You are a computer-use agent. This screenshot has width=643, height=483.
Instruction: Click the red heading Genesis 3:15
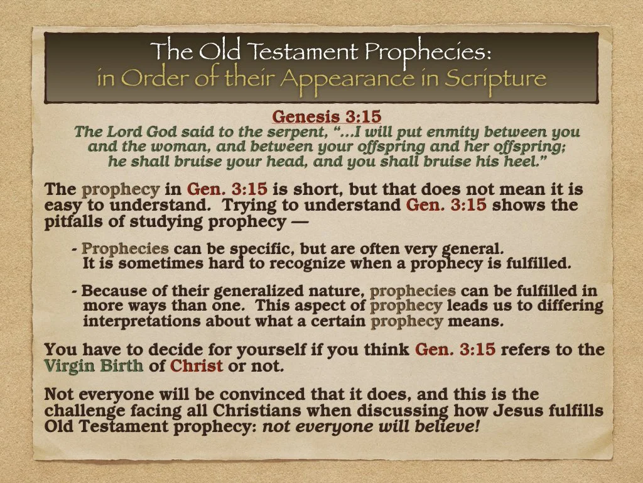pos(327,117)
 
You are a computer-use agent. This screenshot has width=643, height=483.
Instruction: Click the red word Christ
pos(197,365)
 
